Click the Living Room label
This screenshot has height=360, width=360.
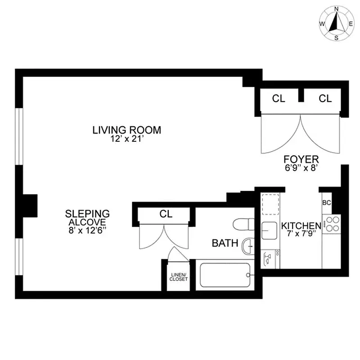point(126,130)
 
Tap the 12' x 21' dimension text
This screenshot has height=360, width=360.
point(126,139)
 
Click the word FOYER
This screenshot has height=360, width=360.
point(301,159)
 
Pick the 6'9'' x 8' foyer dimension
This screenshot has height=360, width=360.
point(301,167)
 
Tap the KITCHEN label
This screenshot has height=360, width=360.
point(301,225)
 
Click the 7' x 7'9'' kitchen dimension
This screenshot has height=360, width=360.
point(301,234)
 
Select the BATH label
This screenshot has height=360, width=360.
point(225,243)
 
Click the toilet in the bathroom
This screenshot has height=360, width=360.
point(243,225)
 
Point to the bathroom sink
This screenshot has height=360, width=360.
point(248,246)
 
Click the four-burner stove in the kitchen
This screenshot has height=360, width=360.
point(332,224)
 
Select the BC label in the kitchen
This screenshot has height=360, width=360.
point(327,202)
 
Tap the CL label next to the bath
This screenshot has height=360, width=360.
point(166,215)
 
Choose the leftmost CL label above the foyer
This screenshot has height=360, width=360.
point(279,99)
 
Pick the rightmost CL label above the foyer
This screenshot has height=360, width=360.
point(325,99)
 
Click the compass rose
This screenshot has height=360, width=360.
point(336,23)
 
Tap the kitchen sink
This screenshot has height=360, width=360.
point(270,230)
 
